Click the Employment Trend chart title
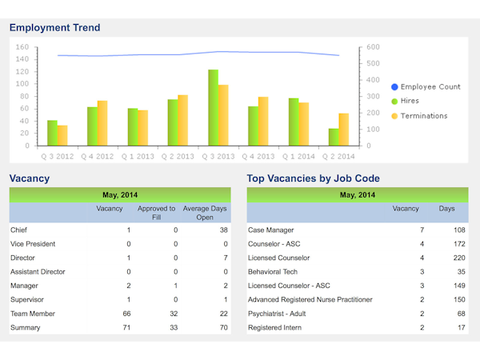(x=55, y=28)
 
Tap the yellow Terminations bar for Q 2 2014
(x=343, y=130)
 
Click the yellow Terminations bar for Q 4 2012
(x=102, y=123)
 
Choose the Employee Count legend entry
(x=430, y=86)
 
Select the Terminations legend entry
(x=423, y=116)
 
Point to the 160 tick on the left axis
(x=22, y=47)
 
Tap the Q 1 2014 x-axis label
(x=298, y=157)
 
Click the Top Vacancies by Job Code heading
(x=314, y=178)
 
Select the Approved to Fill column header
(x=157, y=213)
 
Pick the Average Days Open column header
(x=205, y=213)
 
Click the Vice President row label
(x=34, y=244)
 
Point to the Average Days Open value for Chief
(x=223, y=230)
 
